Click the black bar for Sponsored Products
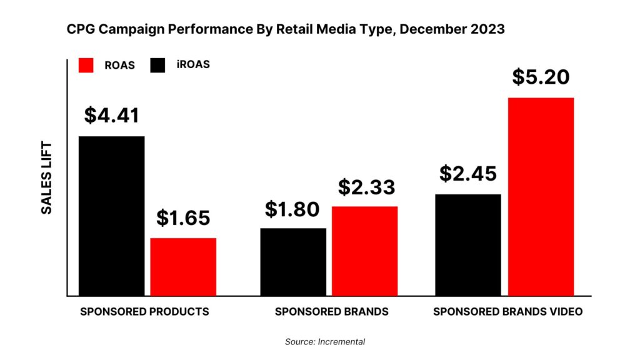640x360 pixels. coord(111,216)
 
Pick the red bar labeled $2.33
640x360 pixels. coord(364,251)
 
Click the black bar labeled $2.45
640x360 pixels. coord(467,244)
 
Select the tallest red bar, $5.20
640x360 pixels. coord(541,196)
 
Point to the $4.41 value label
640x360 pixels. coord(112,116)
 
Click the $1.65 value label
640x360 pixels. coord(183,218)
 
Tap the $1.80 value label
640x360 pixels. coord(293,209)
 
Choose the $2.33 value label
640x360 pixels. coord(367,187)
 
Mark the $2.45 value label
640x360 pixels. coord(467,174)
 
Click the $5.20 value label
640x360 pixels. coord(541,77)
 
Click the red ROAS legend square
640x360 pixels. coord(86,65)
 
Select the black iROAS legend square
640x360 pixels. coord(157,65)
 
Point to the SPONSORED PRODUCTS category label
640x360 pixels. coord(144,311)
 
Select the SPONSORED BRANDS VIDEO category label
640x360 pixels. coord(507,311)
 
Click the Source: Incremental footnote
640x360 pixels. coord(324,342)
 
